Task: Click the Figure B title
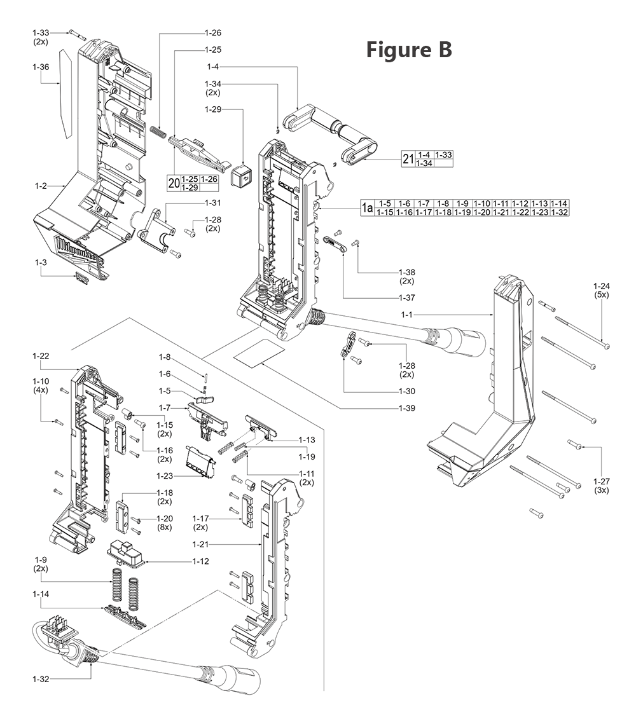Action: [x=409, y=50]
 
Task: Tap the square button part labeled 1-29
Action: [x=241, y=176]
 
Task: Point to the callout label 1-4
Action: [x=213, y=66]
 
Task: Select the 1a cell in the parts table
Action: [x=366, y=208]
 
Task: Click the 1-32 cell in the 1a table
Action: [x=560, y=212]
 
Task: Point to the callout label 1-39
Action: [x=406, y=407]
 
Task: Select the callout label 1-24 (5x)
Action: [x=601, y=290]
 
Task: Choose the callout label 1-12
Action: [x=201, y=561]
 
